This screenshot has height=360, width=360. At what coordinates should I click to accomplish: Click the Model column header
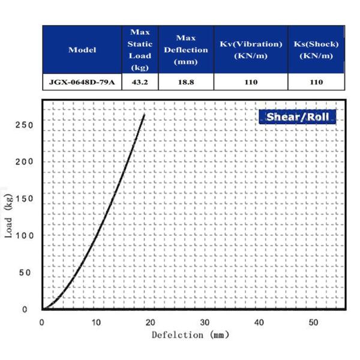coord(82,50)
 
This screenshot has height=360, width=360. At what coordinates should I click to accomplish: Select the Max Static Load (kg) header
coord(140,50)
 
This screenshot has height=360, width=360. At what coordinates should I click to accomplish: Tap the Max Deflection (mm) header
coord(185,50)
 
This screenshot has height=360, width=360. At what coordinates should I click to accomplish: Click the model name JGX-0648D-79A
coord(82,82)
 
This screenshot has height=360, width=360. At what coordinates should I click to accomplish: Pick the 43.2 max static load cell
coord(140,82)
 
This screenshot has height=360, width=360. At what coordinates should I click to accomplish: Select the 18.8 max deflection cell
coord(185,82)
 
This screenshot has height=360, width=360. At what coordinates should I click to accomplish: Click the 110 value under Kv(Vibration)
coord(250,82)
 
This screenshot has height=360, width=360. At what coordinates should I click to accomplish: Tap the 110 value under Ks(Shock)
coord(316,82)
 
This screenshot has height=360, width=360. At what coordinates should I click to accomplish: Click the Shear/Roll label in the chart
coord(298,116)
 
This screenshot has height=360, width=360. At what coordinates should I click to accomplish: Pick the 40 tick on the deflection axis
coord(259,323)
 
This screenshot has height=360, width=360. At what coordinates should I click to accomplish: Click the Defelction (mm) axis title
coord(190,335)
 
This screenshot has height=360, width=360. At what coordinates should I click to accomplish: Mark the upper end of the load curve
coord(144,115)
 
